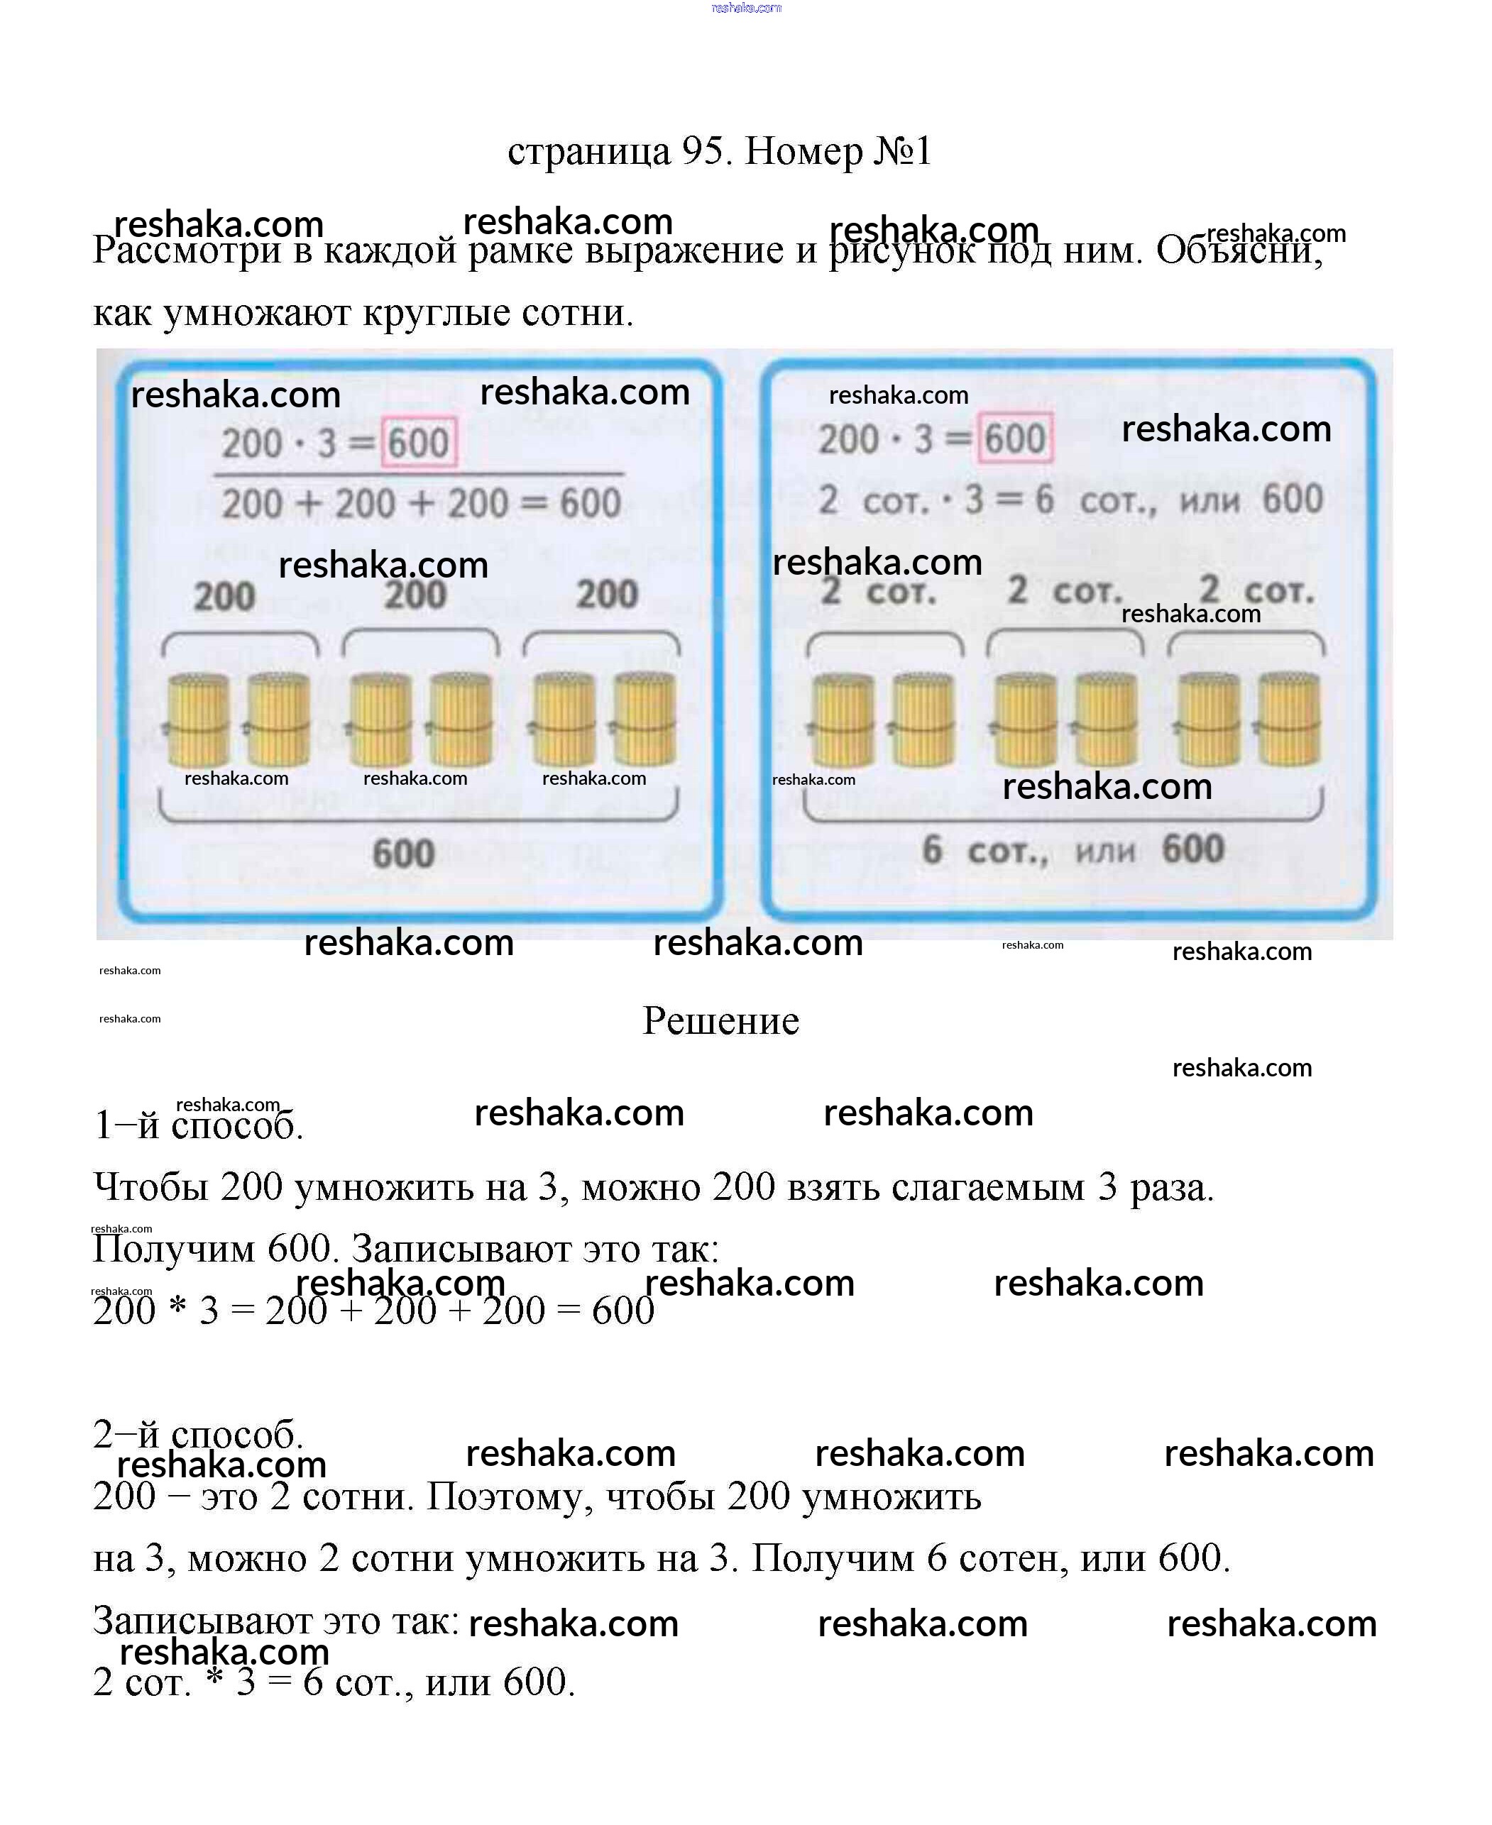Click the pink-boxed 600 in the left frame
419,443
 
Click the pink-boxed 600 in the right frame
1015,439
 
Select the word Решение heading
720,1021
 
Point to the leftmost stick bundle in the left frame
197,720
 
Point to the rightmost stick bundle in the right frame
1288,720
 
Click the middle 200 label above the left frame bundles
415,595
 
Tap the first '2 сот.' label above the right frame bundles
877,591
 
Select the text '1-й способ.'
197,1125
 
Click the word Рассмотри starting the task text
187,251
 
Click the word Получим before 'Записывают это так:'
174,1250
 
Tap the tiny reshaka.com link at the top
746,8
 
